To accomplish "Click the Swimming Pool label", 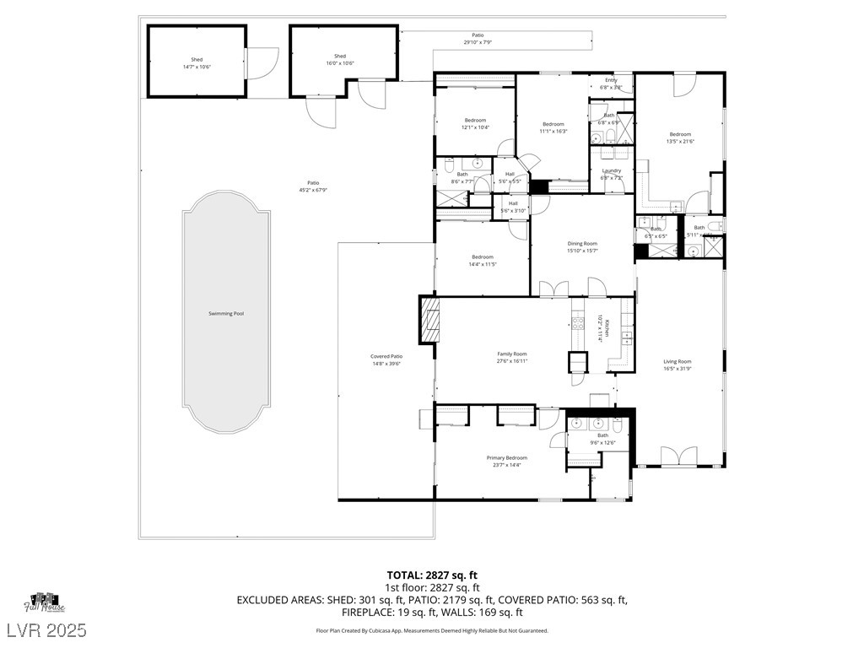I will [226, 314].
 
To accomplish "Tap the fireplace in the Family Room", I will [429, 321].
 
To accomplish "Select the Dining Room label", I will [582, 244].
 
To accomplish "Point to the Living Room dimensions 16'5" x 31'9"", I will [677, 369].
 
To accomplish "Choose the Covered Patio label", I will [386, 356].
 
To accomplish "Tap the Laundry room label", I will [611, 170].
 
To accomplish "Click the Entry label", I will [611, 80].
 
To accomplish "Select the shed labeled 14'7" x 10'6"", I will [197, 62].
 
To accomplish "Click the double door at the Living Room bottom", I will [678, 456].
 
